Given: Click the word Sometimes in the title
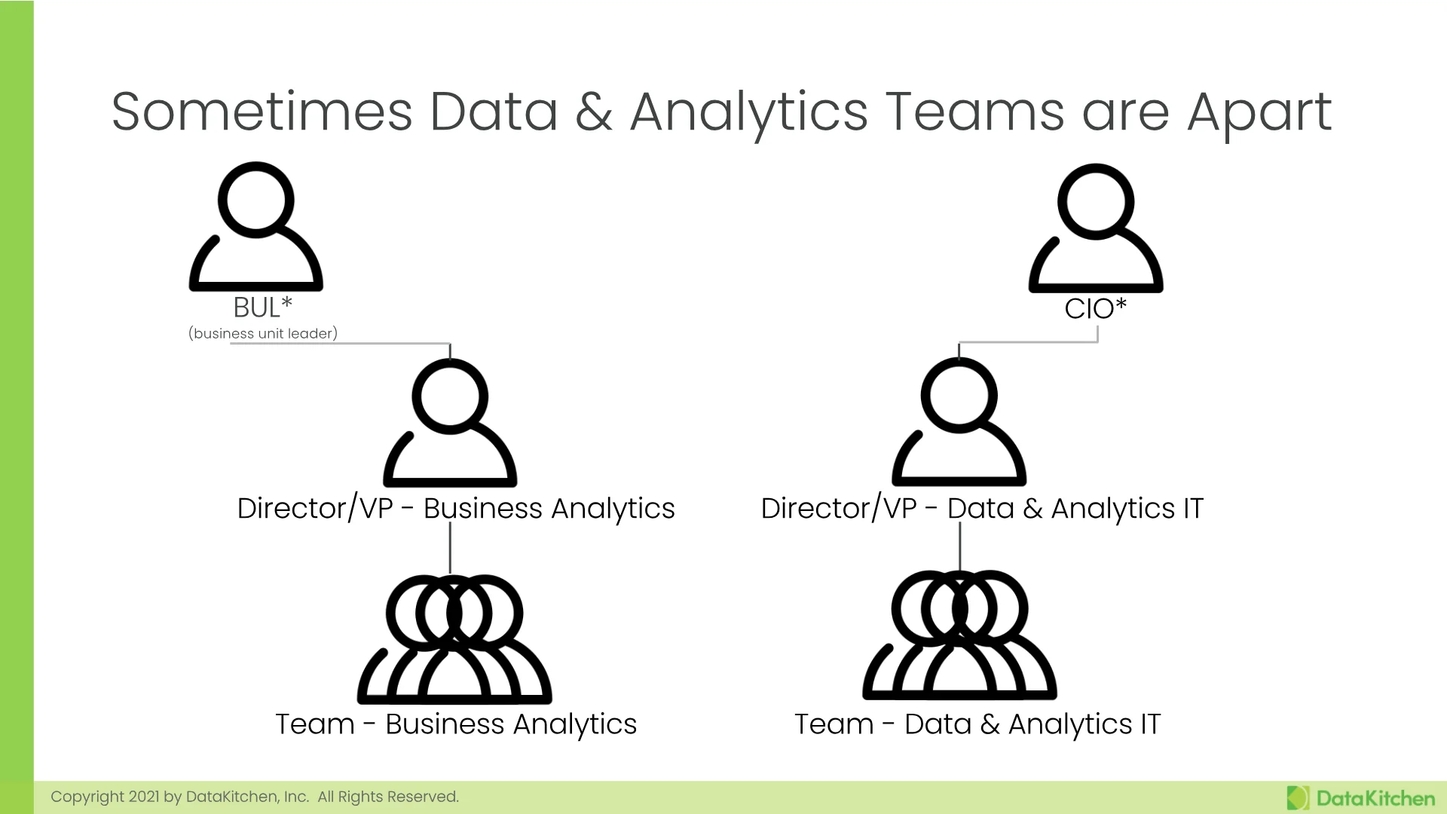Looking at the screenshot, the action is click(262, 112).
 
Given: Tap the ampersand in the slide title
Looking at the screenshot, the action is click(594, 112).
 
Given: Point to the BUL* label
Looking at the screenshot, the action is click(262, 308).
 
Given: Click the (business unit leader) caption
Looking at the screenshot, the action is click(263, 333).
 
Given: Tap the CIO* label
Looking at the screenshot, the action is click(1095, 308).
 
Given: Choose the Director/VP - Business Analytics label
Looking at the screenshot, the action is click(456, 509).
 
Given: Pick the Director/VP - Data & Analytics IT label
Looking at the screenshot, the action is click(982, 509).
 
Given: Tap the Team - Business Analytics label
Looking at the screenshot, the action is click(456, 724).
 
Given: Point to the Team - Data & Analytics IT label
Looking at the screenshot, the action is click(977, 724).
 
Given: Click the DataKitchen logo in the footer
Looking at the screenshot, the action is click(1360, 798).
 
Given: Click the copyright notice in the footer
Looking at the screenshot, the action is click(255, 797).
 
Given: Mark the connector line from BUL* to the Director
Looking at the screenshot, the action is click(341, 344).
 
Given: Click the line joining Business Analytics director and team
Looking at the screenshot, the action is click(450, 548).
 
